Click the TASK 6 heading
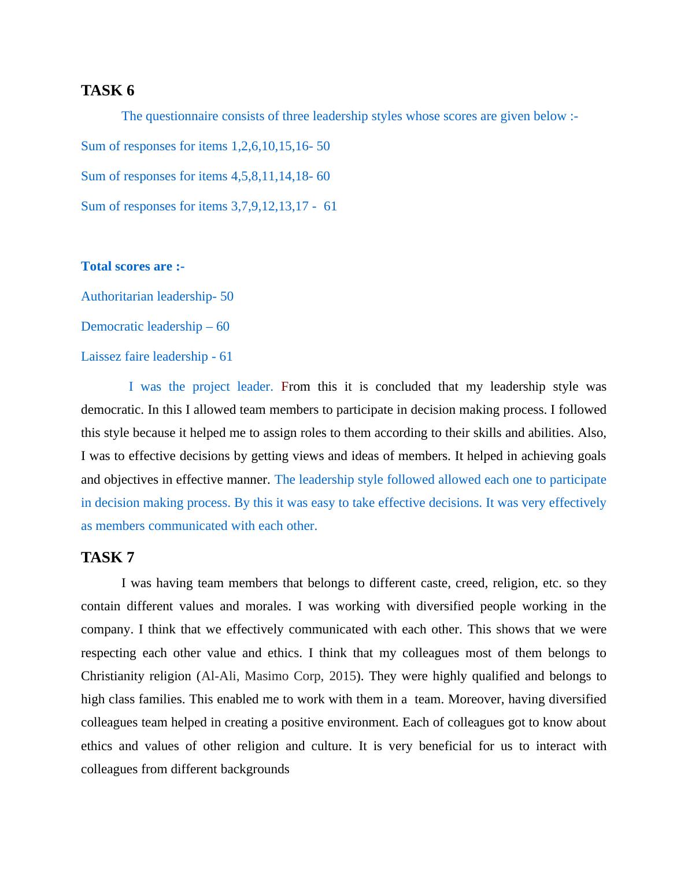pyautogui.click(x=108, y=91)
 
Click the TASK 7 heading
pyautogui.click(x=108, y=558)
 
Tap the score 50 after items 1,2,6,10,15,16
pyautogui.click(x=323, y=146)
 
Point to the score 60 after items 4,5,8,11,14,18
pyautogui.click(x=323, y=176)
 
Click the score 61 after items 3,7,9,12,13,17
pyautogui.click(x=330, y=206)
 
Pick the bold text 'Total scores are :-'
pyautogui.click(x=133, y=266)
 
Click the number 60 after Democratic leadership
pyautogui.click(x=223, y=327)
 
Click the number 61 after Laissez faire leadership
pyautogui.click(x=226, y=357)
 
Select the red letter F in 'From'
pyautogui.click(x=284, y=387)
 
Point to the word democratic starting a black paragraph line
pyautogui.click(x=112, y=410)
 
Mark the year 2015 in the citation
pyautogui.click(x=342, y=676)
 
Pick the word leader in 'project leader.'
pyautogui.click(x=255, y=387)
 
